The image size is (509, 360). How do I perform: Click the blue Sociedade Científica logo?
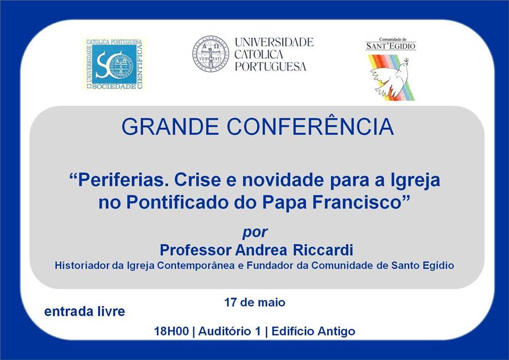pos(114,64)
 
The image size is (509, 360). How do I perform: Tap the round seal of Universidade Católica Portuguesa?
pos(210,54)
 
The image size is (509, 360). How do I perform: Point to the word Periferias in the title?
pos(120,179)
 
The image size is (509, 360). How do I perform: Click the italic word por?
pos(255,233)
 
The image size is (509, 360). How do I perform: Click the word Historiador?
pos(82,265)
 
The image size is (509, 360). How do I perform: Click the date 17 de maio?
pos(255,303)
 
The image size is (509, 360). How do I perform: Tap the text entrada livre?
pos(85,311)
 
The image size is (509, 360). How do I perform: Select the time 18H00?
pos(171,332)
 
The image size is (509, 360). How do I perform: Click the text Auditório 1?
pos(229,332)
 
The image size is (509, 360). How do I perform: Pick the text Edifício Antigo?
pos(313,332)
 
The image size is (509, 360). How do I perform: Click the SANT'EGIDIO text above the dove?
pos(391,46)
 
